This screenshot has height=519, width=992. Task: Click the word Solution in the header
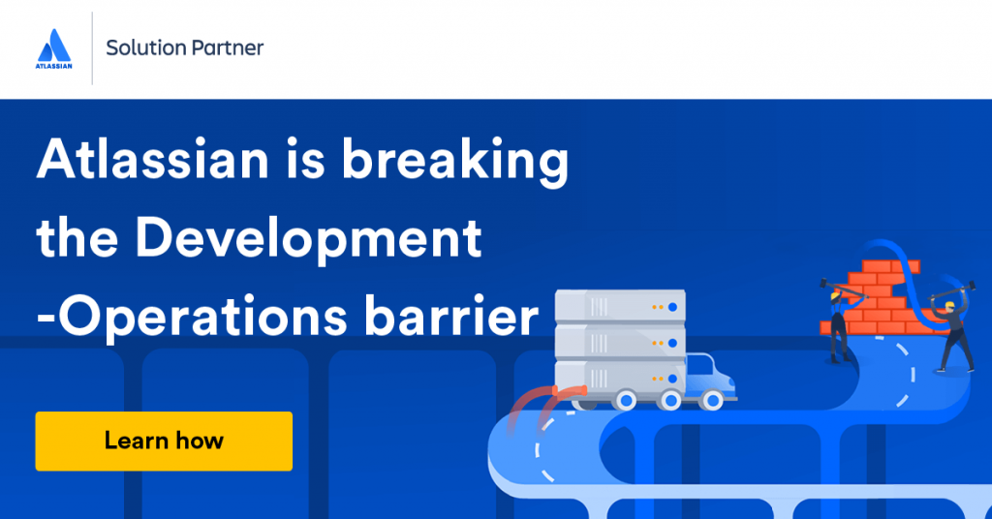[145, 47]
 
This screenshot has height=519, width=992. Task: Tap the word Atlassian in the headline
[153, 159]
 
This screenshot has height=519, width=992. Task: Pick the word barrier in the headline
[451, 315]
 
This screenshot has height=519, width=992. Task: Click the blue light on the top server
[672, 307]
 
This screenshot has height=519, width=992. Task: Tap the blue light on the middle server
[672, 344]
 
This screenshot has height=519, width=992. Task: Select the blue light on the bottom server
[672, 379]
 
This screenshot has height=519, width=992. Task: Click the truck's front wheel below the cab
[713, 400]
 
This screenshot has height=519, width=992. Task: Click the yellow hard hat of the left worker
[835, 295]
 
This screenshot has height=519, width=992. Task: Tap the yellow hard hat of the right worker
[948, 305]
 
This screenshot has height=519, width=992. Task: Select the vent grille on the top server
[599, 307]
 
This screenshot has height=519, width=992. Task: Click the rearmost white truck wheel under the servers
[627, 400]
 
